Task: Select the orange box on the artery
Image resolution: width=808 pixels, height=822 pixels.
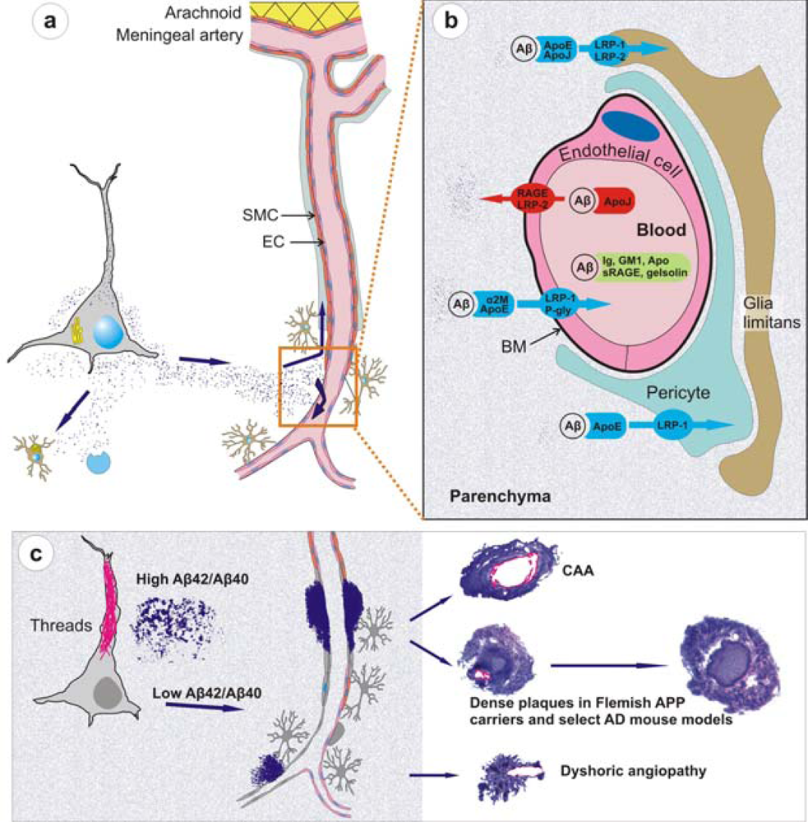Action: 317,386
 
